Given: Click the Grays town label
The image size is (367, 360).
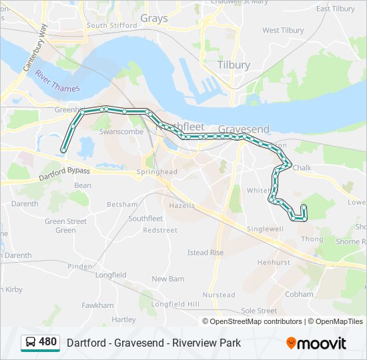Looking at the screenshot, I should pyautogui.click(x=153, y=19).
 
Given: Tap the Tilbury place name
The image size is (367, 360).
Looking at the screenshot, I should pyautogui.click(x=234, y=65).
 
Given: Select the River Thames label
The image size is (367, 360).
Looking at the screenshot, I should pyautogui.click(x=58, y=81).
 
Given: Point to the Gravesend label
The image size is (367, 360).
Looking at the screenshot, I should pyautogui.click(x=244, y=129).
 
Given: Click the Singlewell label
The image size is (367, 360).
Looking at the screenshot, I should pyautogui.click(x=266, y=229).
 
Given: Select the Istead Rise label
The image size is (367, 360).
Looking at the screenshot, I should pyautogui.click(x=206, y=253).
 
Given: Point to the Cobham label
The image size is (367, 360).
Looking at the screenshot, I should pyautogui.click(x=299, y=294).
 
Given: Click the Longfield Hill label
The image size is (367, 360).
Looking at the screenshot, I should pyautogui.click(x=175, y=304).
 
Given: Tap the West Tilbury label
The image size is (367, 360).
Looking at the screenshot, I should pyautogui.click(x=283, y=31).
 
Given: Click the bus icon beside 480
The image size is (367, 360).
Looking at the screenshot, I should pyautogui.click(x=31, y=343).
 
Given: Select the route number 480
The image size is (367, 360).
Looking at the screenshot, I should pyautogui.click(x=48, y=342).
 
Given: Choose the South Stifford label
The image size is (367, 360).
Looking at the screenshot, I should pyautogui.click(x=106, y=25).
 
